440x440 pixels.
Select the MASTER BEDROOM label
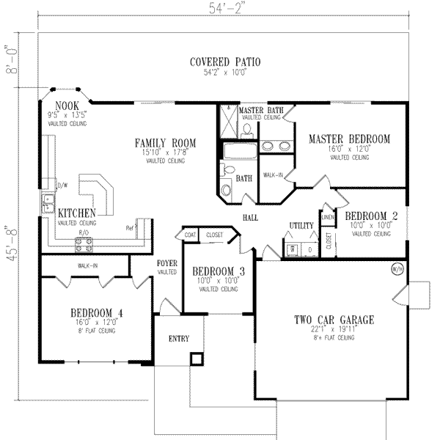[x=349, y=139]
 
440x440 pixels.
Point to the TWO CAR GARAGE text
[x=334, y=320]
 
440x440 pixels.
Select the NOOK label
[x=67, y=106]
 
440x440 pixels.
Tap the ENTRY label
[x=178, y=339]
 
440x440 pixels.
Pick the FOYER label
[x=166, y=263]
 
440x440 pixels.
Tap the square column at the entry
[x=195, y=359]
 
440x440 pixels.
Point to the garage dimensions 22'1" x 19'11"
[x=334, y=331]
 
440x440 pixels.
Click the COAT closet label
[x=190, y=235]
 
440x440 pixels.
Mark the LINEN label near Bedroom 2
[x=328, y=218]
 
